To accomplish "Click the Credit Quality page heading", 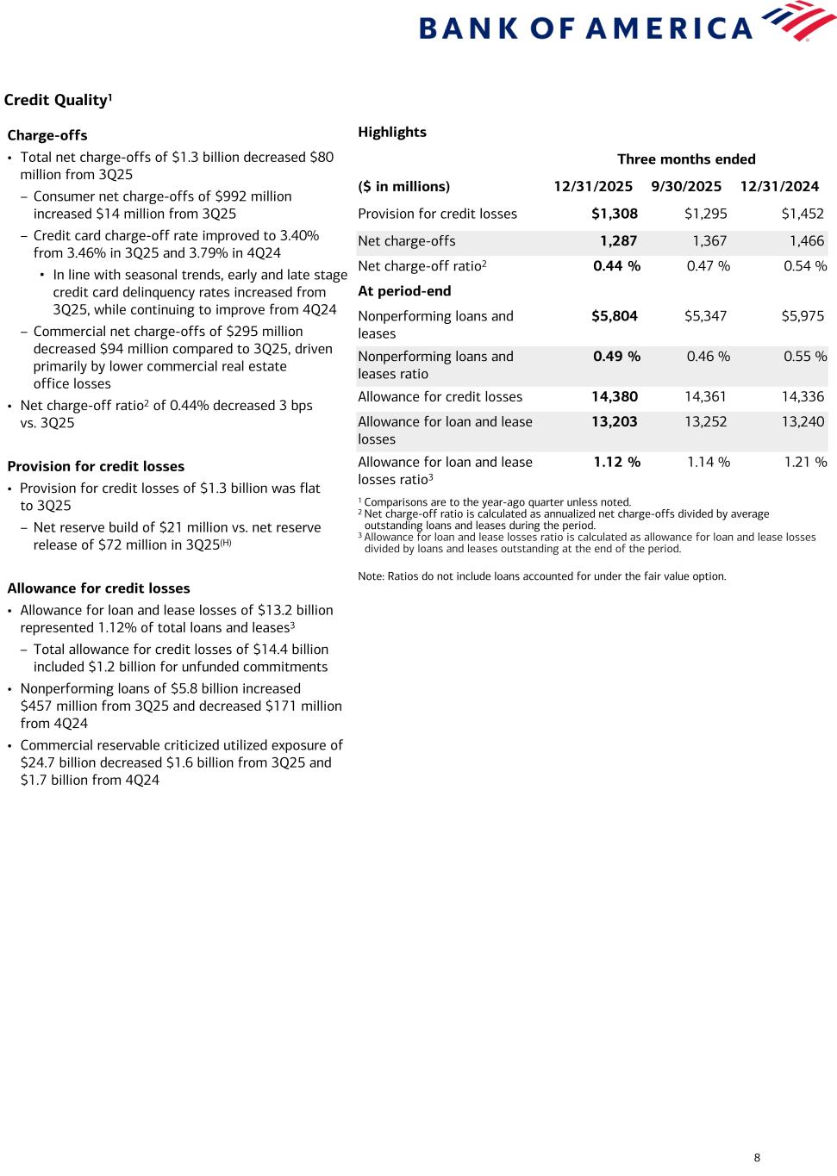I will pos(58,100).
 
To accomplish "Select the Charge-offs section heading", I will pos(47,135).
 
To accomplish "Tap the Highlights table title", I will pos(392,132).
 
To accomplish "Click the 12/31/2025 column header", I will pos(592,186).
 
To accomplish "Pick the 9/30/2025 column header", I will pos(686,186).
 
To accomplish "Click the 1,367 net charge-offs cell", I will pos(709,241).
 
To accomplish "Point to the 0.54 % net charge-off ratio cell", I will pos(804,265).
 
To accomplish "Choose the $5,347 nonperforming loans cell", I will pos(705,316).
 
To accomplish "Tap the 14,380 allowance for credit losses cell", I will pos(614,396).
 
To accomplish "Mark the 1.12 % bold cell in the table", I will pos(616,462).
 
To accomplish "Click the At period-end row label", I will pos(404,290).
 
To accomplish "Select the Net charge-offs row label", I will pos(406,241).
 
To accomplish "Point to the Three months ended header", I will pos(686,159).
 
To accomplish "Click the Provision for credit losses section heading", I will pos(96,466).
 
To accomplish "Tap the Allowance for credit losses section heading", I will pos(98,588).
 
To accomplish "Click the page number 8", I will pos(757,1158).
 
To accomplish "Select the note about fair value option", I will pos(541,576).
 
